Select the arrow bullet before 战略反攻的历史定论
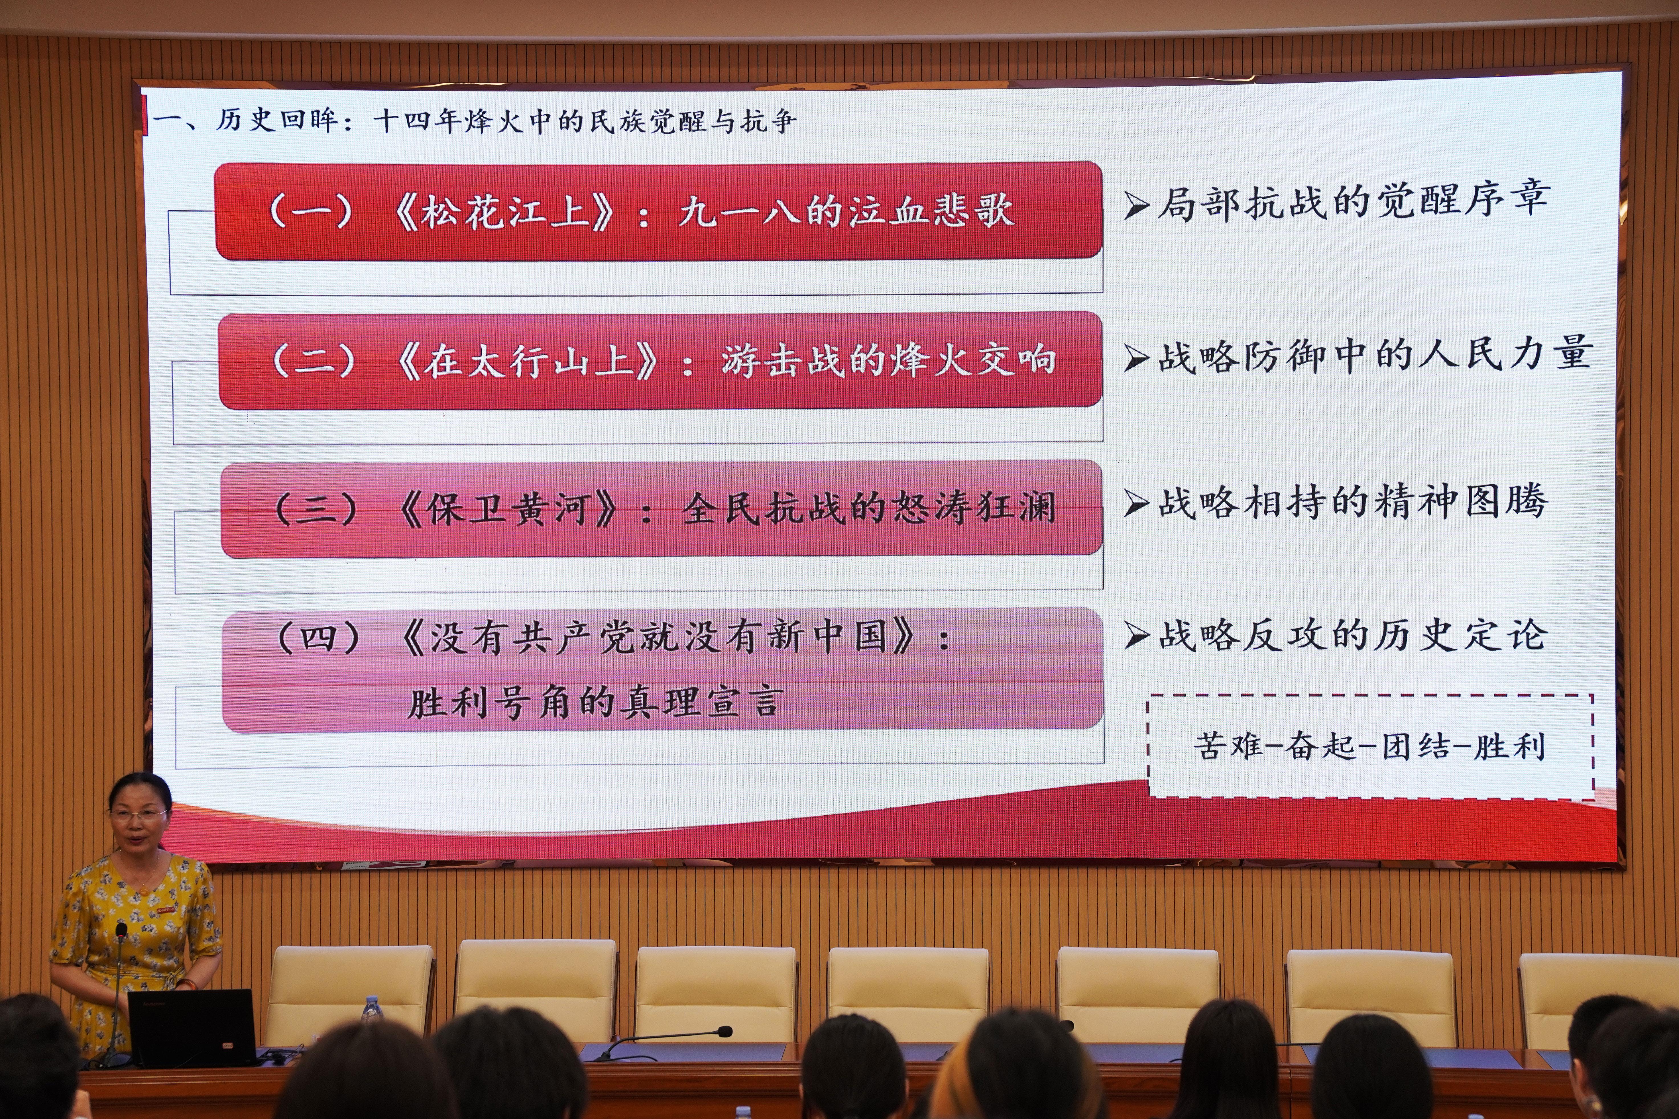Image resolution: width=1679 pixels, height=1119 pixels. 1136,635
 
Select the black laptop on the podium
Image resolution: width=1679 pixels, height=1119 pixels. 191,1028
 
